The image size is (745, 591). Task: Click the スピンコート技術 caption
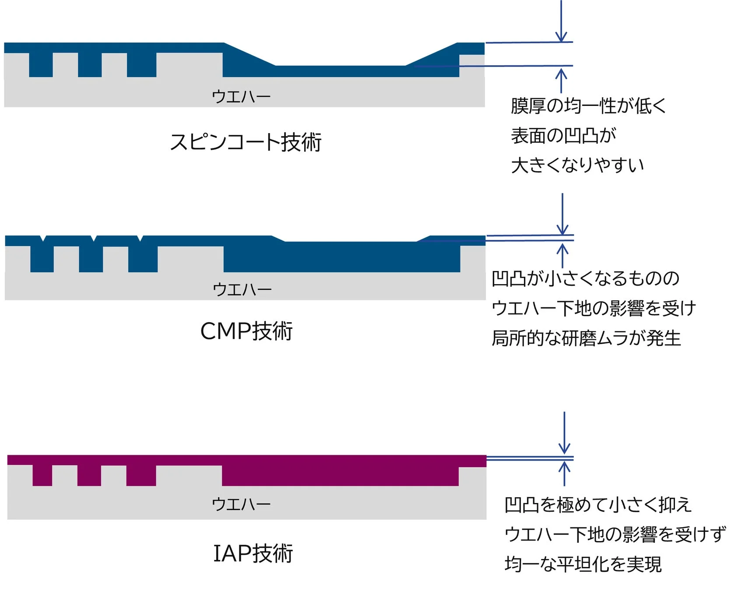pyautogui.click(x=246, y=142)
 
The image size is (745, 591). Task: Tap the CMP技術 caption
pyautogui.click(x=246, y=331)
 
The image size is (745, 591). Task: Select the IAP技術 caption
pyautogui.click(x=253, y=553)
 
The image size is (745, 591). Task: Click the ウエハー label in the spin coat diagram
pyautogui.click(x=241, y=96)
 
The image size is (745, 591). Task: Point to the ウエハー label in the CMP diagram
pyautogui.click(x=242, y=289)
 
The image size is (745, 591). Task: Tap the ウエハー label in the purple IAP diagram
pyautogui.click(x=241, y=504)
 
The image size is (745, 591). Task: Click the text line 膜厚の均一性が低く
pyautogui.click(x=588, y=106)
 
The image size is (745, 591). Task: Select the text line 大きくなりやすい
pyautogui.click(x=577, y=165)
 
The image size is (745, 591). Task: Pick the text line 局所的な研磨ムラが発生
pyautogui.click(x=586, y=338)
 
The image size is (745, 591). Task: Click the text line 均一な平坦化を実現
pyautogui.click(x=583, y=564)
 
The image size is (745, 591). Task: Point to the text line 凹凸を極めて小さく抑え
pyautogui.click(x=597, y=505)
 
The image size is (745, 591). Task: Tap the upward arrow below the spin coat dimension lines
pyautogui.click(x=561, y=81)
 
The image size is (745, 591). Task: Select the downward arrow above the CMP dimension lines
pyautogui.click(x=562, y=215)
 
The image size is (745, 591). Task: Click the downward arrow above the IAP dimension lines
pyautogui.click(x=564, y=433)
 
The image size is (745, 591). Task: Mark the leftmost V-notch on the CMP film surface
pyautogui.click(x=43, y=238)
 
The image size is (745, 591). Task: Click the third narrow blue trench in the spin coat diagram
pyautogui.click(x=141, y=65)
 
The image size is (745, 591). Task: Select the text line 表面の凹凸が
pyautogui.click(x=563, y=136)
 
